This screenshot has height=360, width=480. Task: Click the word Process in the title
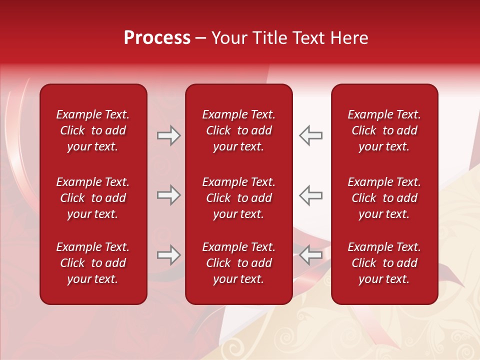click(157, 38)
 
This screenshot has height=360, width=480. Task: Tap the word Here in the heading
click(349, 38)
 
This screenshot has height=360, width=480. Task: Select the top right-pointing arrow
click(168, 135)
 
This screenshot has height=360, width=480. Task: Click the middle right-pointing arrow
click(168, 195)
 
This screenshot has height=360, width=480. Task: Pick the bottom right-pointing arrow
click(168, 255)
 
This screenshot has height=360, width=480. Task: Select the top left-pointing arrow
click(311, 135)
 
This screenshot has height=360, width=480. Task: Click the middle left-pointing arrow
click(311, 195)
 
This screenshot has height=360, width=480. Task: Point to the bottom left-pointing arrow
click(311, 255)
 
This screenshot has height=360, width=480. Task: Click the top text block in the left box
click(93, 130)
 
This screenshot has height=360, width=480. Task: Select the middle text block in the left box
click(93, 198)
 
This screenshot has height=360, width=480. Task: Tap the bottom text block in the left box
click(93, 263)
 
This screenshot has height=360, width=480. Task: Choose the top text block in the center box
click(239, 130)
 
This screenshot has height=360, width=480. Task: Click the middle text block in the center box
click(239, 198)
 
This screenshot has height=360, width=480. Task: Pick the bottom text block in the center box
click(239, 263)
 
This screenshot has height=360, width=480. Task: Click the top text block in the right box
click(384, 130)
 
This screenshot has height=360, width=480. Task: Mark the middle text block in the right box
click(384, 198)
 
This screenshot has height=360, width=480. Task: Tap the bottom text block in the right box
click(384, 263)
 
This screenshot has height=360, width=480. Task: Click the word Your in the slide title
click(229, 38)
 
